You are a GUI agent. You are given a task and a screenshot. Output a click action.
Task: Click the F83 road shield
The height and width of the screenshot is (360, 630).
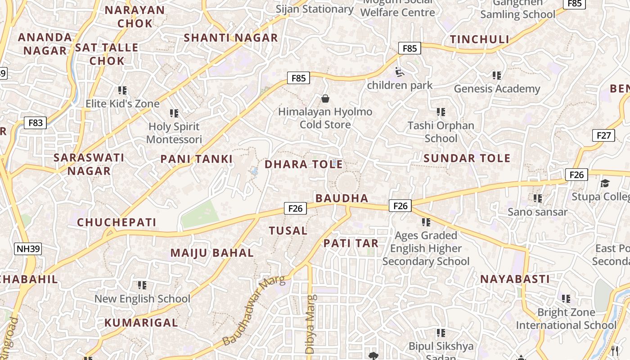tap(35, 122)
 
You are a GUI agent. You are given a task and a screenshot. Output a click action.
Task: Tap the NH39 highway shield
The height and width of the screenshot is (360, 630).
tap(28, 249)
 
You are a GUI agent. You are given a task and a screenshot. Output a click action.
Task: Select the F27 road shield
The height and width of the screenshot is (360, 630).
tap(603, 135)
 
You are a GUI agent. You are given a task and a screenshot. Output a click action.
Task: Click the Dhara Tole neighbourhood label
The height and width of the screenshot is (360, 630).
tap(304, 164)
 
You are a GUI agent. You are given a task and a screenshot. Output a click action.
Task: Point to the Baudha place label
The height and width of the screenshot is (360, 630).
tap(342, 198)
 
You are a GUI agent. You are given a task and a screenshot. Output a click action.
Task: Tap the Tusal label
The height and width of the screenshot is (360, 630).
tap(288, 231)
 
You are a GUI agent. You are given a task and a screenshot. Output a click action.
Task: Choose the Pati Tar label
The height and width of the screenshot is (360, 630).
tap(351, 243)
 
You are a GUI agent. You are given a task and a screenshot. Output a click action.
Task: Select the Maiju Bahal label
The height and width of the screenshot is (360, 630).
tap(212, 253)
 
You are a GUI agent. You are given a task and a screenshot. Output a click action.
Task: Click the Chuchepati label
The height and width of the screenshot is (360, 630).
tap(117, 222)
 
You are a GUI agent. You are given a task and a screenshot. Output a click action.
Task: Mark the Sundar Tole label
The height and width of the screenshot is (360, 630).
tap(467, 158)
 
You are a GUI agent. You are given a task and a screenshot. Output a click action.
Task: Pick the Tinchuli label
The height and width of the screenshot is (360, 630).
tap(480, 40)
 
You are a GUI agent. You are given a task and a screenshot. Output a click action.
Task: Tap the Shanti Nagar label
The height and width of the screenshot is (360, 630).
tap(231, 38)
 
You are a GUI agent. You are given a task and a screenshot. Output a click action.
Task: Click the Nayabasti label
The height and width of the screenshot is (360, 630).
tap(515, 279)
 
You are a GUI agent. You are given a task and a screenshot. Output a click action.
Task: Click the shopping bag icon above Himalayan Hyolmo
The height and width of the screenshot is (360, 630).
tap(325, 98)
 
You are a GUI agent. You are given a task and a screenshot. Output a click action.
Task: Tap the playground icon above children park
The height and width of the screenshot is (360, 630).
tap(399, 72)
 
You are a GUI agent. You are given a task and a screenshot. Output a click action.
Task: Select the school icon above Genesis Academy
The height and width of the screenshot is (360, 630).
tap(496, 75)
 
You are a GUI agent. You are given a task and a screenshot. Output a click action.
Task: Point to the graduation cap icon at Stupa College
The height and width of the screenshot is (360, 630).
tap(605, 183)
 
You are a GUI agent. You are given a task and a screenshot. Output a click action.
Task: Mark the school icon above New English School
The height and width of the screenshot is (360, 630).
tap(142, 285)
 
